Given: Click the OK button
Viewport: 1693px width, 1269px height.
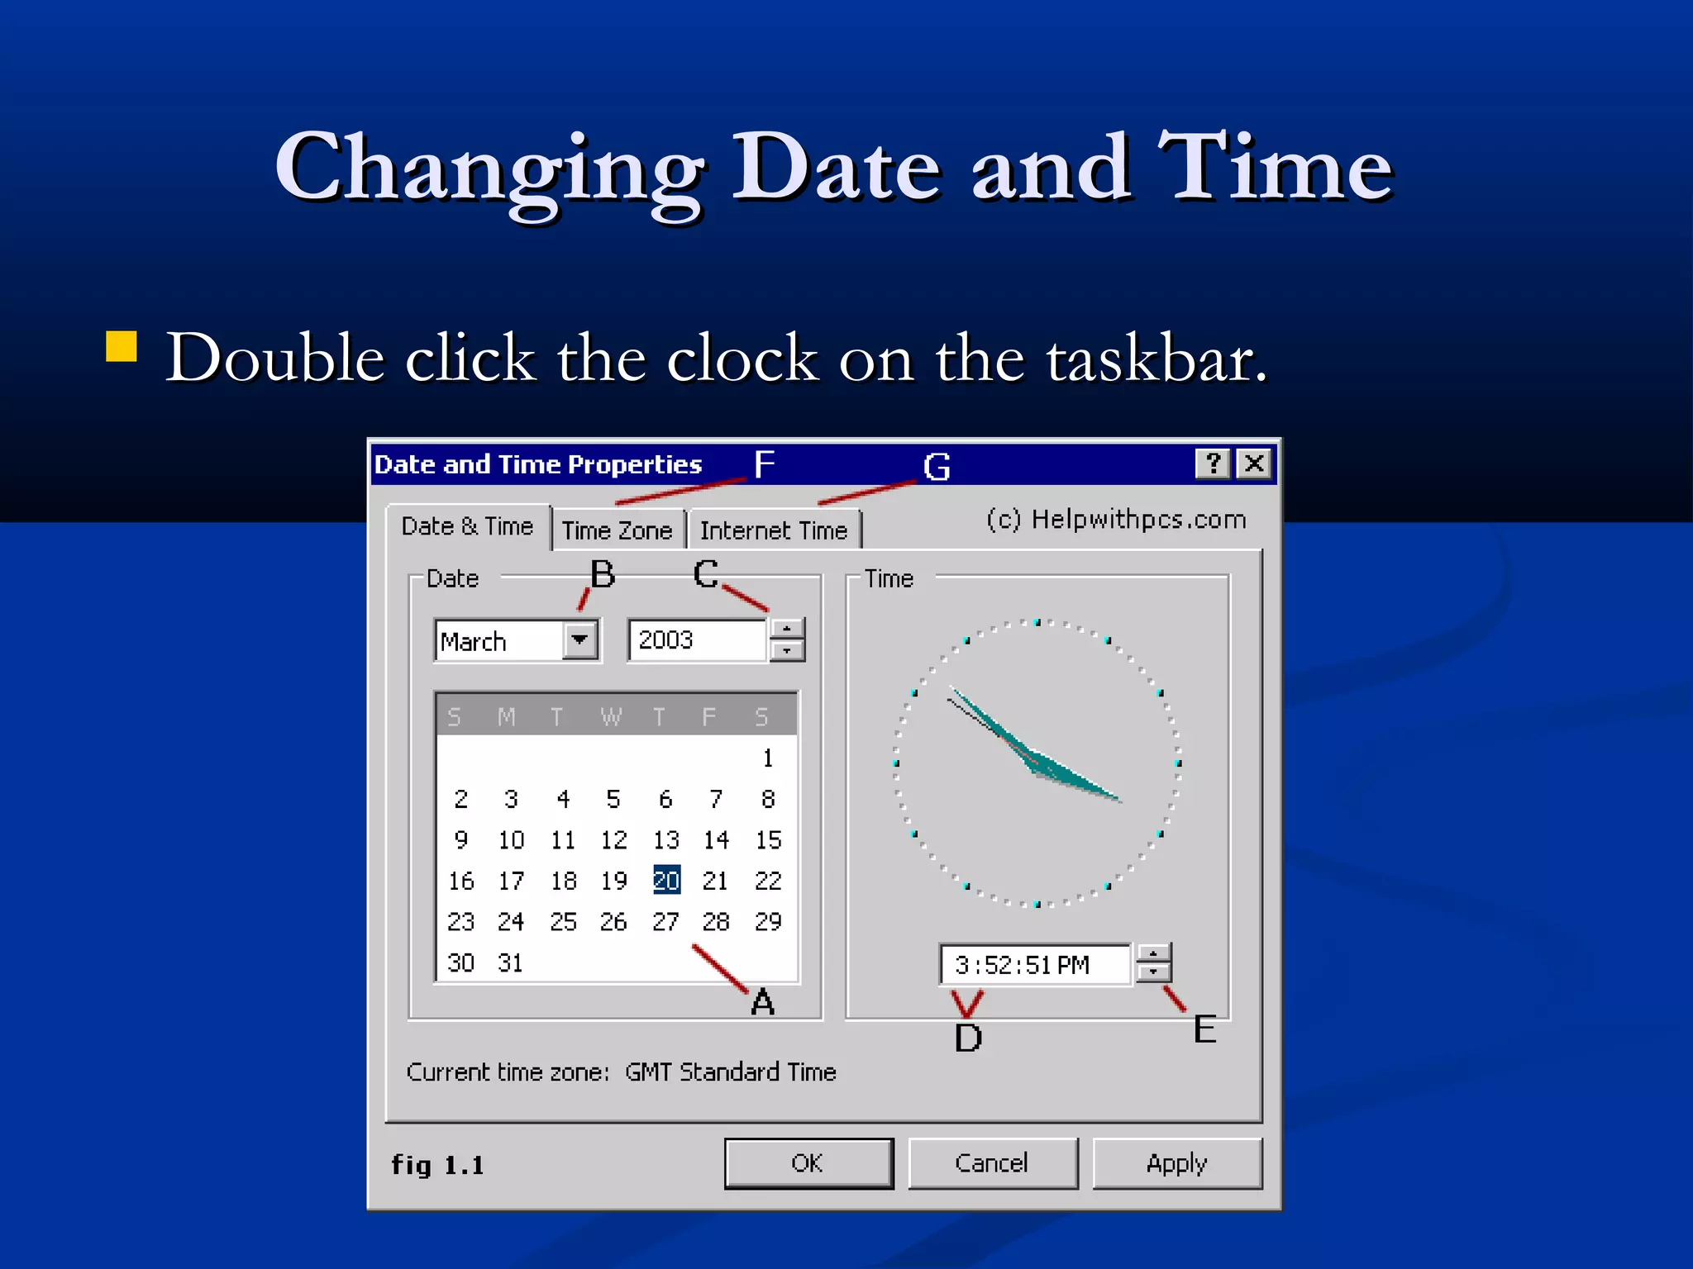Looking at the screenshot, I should [x=808, y=1163].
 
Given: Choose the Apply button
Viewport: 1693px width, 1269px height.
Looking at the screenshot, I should [x=1176, y=1163].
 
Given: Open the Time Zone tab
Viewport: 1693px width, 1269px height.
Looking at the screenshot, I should [x=617, y=530].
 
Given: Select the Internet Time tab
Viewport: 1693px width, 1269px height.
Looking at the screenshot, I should [x=774, y=530].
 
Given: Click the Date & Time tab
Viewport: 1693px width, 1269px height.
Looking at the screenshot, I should [x=467, y=526].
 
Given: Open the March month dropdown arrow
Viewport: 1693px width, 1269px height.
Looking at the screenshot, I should [x=580, y=640].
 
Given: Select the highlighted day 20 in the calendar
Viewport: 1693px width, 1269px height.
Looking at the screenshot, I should [x=666, y=881].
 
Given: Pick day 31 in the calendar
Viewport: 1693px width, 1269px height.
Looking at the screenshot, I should [x=510, y=962].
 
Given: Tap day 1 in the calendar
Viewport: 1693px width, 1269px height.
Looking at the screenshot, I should [x=768, y=758].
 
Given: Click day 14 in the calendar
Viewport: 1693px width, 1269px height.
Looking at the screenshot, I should [x=716, y=840].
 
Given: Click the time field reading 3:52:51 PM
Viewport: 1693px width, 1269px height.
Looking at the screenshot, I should [x=1033, y=965].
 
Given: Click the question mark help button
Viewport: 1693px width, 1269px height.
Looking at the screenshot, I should [x=1213, y=463].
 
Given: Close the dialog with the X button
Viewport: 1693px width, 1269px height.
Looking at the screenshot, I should [x=1254, y=463].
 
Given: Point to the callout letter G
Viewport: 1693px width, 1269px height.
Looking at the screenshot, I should [x=937, y=468].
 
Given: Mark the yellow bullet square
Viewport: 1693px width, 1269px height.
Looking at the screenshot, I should [x=122, y=347].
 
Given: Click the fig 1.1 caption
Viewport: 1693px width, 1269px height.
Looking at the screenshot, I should [x=437, y=1165].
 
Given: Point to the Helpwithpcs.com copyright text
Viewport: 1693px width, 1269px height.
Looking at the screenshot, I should [x=1116, y=520].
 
